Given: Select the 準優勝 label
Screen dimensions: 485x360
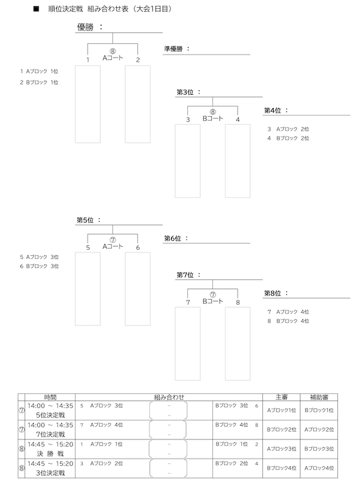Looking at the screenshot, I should [x=174, y=49].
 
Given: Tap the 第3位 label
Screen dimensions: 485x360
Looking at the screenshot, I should [x=187, y=92].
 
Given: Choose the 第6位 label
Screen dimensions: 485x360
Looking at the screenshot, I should [x=174, y=238].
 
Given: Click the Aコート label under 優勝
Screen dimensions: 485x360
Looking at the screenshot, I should [x=113, y=58].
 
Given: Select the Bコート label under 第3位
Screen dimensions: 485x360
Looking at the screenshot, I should [x=212, y=119].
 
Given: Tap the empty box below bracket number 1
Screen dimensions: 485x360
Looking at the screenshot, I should [x=88, y=104].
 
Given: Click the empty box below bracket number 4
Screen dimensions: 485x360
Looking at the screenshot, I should [x=238, y=160].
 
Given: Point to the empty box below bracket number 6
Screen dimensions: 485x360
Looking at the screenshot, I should [x=137, y=288].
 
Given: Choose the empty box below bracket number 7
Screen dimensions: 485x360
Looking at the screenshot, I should [x=187, y=343].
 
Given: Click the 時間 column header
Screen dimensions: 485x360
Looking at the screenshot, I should [x=51, y=397].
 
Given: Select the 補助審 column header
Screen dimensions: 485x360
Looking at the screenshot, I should [x=319, y=397].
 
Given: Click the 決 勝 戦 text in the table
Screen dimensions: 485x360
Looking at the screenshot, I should [x=50, y=453].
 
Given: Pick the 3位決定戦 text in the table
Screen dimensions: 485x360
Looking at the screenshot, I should [x=50, y=472].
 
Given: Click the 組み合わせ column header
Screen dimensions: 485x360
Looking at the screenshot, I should [x=169, y=397].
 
